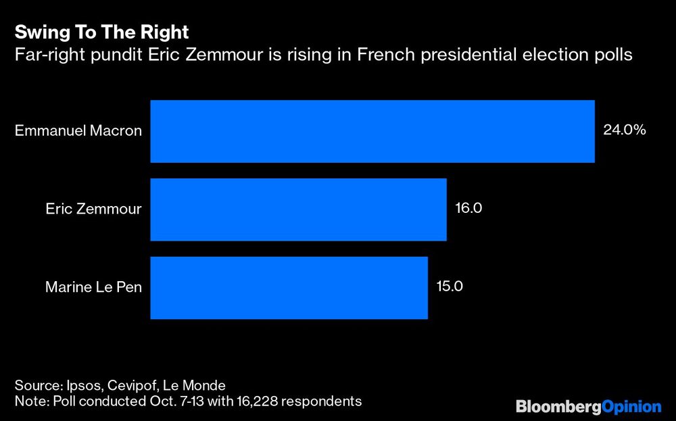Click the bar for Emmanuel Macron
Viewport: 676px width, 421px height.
coord(372,131)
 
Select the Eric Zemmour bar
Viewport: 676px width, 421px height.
coord(298,209)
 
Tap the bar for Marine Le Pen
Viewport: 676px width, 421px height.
coord(289,287)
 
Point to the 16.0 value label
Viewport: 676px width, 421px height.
coord(468,208)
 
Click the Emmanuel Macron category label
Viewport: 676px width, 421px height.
coord(78,131)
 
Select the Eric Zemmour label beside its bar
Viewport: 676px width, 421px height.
coord(93,209)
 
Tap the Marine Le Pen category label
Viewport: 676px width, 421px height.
coord(93,287)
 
